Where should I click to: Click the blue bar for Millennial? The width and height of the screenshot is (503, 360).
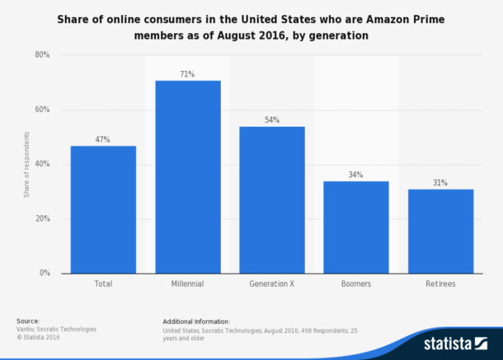pos(187,176)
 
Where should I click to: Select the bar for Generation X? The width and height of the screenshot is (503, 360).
pos(271,199)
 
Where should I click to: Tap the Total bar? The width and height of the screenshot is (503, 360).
pos(103,209)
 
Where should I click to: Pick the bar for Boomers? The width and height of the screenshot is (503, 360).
pos(356,227)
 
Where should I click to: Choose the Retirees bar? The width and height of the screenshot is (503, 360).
pos(440,231)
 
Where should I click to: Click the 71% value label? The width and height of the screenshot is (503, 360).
pos(187,74)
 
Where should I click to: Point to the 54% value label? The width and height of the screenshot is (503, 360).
pos(271,120)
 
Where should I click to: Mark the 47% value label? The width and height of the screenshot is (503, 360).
pos(103,139)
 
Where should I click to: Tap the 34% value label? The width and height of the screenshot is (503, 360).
pos(356,175)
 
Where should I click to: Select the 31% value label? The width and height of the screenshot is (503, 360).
pos(440,183)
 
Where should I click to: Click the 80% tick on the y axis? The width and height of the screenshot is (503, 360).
pos(41,55)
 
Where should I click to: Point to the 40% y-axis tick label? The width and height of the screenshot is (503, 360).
pos(41,164)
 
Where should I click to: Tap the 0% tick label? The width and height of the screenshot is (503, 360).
pos(44,274)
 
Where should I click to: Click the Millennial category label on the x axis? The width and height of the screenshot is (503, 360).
pos(187,284)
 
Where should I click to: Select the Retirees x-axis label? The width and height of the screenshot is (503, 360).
pos(440,284)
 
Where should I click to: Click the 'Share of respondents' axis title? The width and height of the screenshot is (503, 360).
pos(26,164)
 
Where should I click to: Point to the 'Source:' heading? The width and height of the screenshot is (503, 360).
pos(28,320)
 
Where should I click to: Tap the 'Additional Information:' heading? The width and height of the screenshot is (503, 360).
pos(196,320)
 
